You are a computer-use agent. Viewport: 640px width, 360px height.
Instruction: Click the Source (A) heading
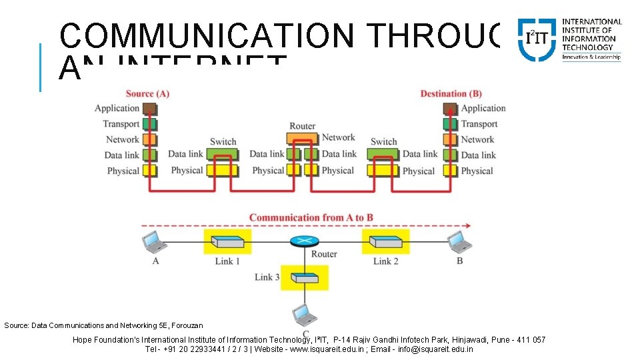(147, 93)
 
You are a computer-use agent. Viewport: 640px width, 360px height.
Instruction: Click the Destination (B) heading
(451, 93)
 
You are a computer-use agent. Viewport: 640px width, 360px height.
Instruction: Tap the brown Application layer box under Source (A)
(149, 109)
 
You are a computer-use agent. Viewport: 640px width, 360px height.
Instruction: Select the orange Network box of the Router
(302, 139)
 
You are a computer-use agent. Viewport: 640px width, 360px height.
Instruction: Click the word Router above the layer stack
(302, 126)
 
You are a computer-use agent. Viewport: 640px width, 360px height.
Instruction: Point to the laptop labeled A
(152, 241)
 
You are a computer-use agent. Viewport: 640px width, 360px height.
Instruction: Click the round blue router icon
(302, 241)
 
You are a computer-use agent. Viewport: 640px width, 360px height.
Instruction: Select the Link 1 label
(227, 261)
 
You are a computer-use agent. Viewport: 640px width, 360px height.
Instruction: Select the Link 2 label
(385, 261)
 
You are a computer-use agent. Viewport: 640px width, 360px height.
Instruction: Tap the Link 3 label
(267, 277)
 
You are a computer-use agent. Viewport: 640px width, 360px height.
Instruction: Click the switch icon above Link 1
(227, 241)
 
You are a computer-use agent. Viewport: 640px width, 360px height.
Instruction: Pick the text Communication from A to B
(311, 217)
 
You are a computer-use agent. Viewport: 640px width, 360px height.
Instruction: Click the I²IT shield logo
(537, 39)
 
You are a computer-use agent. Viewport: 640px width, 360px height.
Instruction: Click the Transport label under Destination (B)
(479, 124)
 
